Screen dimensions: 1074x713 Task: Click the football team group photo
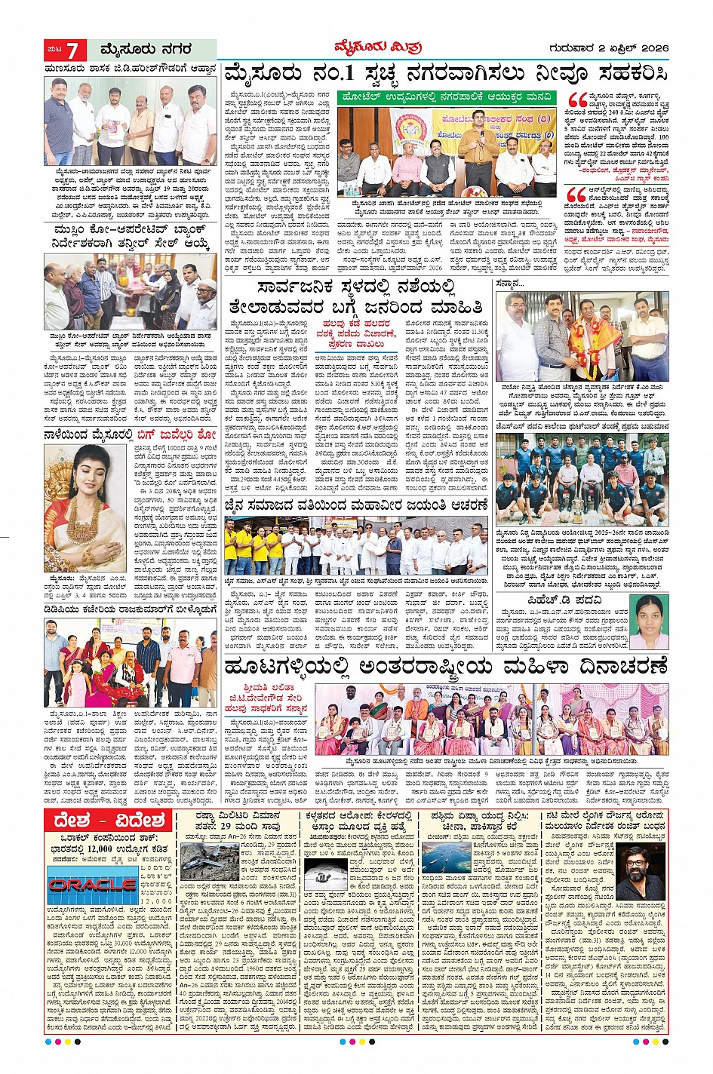click(582, 480)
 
